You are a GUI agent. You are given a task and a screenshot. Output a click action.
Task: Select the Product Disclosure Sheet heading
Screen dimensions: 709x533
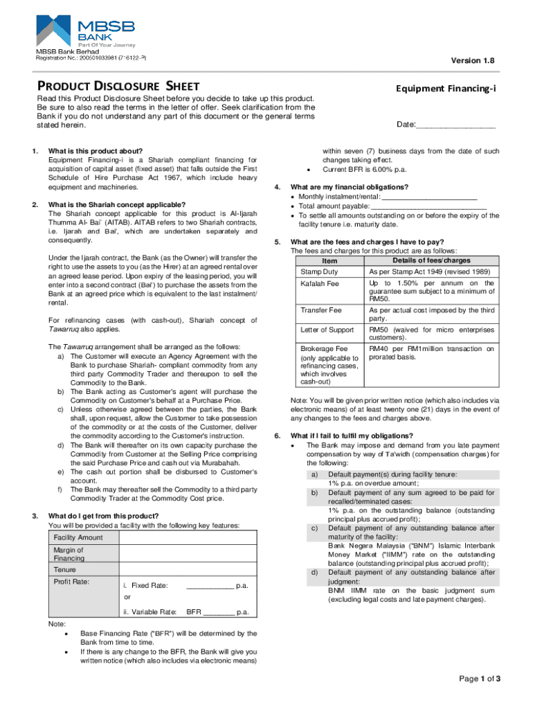[x=118, y=86]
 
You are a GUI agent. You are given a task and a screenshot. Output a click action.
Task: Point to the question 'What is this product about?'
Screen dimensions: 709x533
[x=95, y=151]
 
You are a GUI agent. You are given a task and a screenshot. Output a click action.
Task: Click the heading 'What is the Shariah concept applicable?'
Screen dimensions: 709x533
[x=116, y=205]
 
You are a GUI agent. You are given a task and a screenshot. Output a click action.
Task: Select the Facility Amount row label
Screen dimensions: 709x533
[x=78, y=537]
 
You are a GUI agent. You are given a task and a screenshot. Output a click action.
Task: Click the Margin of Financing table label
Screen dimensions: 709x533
[x=69, y=554]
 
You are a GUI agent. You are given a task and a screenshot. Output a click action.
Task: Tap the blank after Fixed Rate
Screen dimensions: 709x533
[x=210, y=586]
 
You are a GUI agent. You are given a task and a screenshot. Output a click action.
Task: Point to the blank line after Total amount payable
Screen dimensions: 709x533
[x=428, y=206]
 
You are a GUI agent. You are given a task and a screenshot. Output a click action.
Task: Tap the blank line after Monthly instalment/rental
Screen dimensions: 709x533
[x=429, y=197]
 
